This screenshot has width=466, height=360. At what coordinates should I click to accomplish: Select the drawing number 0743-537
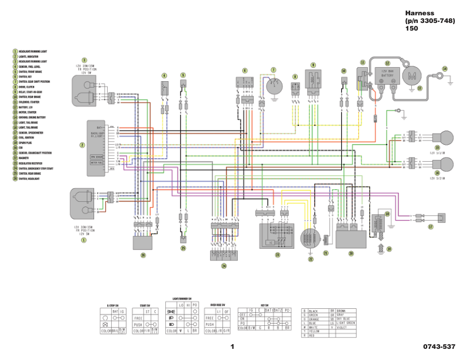[438, 346]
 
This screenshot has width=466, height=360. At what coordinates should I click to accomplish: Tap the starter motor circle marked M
[412, 75]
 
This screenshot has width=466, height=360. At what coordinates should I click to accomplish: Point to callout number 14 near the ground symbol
[445, 69]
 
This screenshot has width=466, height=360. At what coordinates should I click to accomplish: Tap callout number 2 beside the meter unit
[82, 145]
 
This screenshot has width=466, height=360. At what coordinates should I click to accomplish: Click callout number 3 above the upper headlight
[84, 60]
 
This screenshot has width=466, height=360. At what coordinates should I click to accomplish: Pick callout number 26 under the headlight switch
[142, 255]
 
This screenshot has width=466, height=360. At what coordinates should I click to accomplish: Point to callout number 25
[183, 248]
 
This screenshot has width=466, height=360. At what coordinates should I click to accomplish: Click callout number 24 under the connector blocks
[224, 266]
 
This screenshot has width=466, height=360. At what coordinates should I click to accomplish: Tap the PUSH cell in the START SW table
[138, 324]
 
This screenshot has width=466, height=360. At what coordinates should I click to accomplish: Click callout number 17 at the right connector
[430, 226]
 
